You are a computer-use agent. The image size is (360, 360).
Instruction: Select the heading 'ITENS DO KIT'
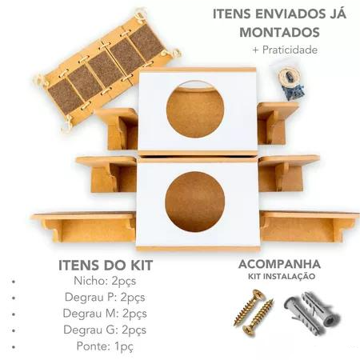coord(104,266)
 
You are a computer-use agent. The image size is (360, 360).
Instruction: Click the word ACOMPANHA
coord(279,264)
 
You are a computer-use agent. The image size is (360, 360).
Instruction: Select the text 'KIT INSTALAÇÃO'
coord(279,277)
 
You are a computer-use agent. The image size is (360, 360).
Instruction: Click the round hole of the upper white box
coord(195,109)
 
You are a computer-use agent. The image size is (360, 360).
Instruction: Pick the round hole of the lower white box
coord(194,201)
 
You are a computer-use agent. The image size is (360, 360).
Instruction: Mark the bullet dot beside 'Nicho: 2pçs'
coord(15,282)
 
